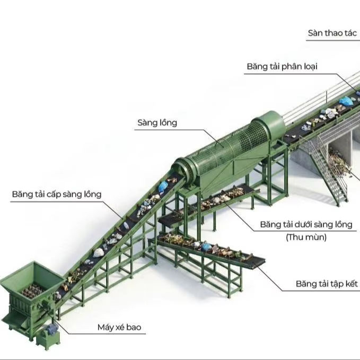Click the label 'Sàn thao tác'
[332, 33]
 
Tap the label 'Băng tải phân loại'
[282, 67]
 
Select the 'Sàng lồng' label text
[157, 123]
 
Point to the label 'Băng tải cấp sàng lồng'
[57, 194]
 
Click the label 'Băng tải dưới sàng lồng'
[306, 224]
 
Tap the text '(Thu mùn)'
[306, 237]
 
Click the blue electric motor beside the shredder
[52, 329]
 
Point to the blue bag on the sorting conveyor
[346, 101]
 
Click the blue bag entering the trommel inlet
[163, 186]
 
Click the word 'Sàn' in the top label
[316, 33]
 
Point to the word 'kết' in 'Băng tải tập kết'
[350, 284]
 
